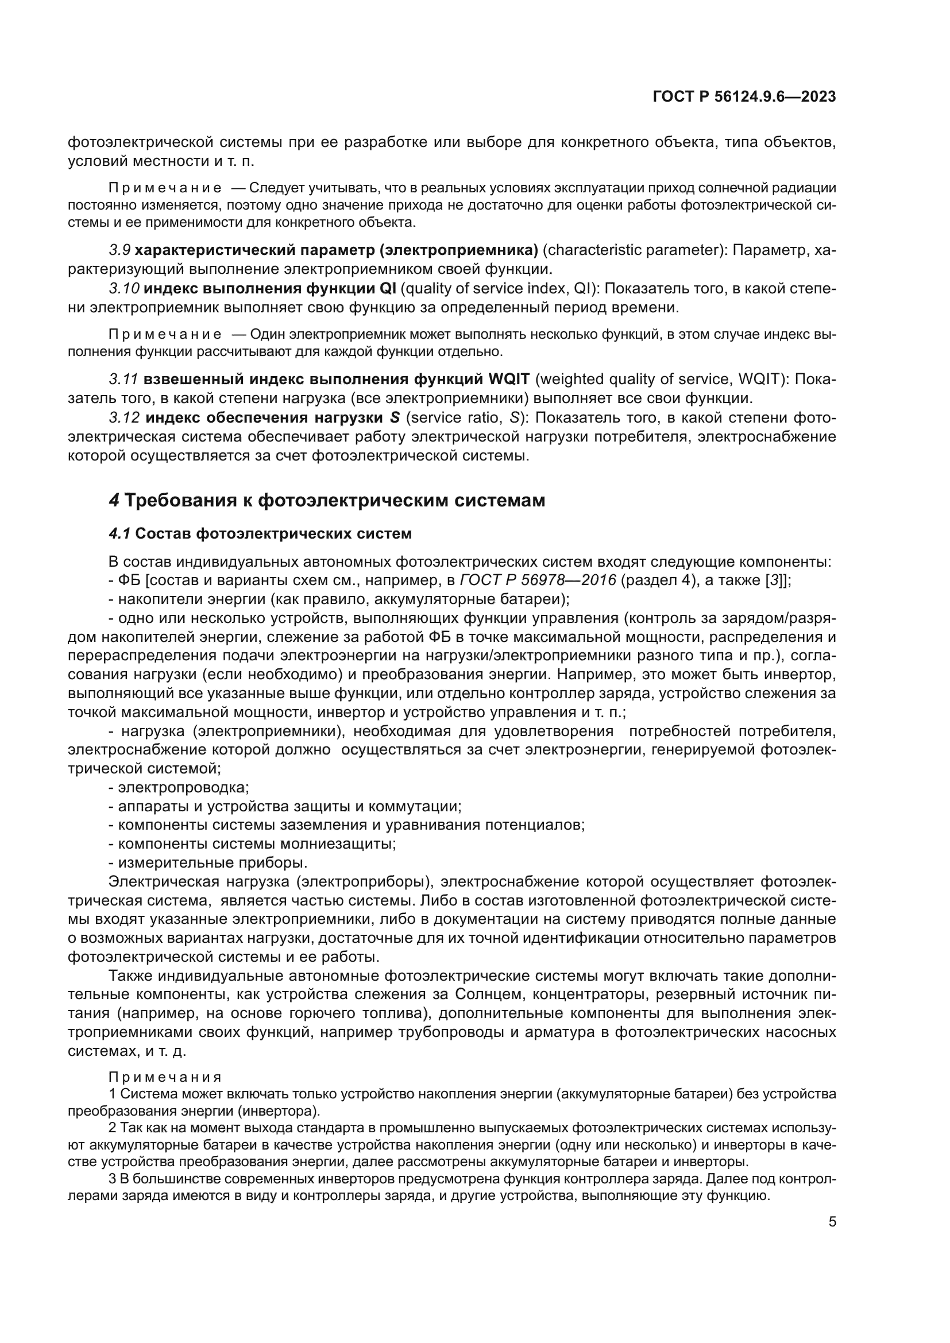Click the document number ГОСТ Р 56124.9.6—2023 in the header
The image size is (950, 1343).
(x=744, y=97)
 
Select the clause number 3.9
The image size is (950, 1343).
(x=119, y=251)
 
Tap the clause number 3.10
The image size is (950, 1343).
(x=123, y=289)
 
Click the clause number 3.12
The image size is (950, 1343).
(x=124, y=418)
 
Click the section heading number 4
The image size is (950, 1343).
(x=114, y=501)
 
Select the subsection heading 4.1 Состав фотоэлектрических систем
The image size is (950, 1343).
(x=260, y=534)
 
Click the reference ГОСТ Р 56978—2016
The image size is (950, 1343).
(x=538, y=581)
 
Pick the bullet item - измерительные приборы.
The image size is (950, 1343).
(x=208, y=864)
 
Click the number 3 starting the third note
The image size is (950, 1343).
(x=113, y=1179)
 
